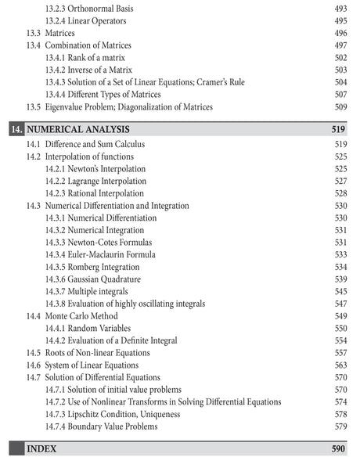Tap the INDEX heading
(42, 448)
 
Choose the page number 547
(339, 303)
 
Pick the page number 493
(339, 8)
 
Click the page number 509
(339, 106)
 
